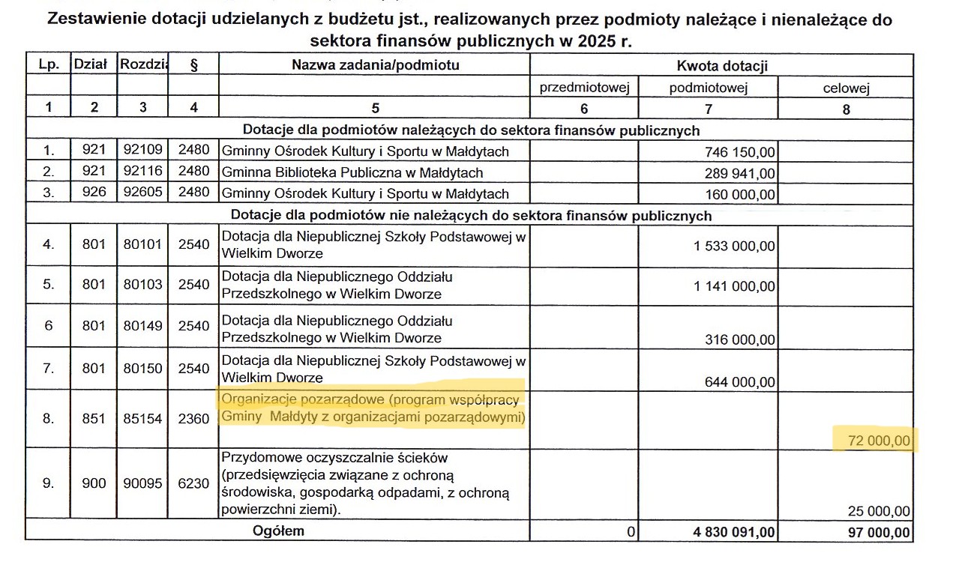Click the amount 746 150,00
pos(740,153)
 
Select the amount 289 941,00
pos(740,174)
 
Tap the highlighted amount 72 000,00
pos(876,441)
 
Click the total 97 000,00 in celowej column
pos(876,533)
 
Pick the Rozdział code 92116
pos(142,172)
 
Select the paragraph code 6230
pos(193,483)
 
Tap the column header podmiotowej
pos(709,88)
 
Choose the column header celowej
pos(846,88)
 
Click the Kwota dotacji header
pos(722,66)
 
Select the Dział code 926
pos(94,193)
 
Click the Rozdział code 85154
pos(142,418)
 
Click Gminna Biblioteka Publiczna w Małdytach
pos(352,173)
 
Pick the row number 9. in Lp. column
pos(48,483)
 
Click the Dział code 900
pos(94,483)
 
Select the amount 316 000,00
pos(740,339)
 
